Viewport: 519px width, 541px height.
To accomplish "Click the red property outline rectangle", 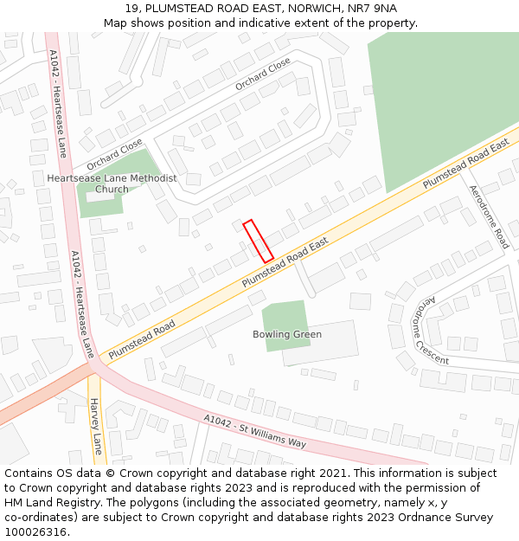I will [258, 241].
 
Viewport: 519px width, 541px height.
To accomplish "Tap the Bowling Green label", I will [286, 334].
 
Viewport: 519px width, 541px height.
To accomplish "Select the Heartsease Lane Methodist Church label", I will [112, 184].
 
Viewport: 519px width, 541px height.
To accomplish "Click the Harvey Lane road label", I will [96, 426].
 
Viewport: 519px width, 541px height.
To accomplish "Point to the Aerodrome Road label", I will [488, 216].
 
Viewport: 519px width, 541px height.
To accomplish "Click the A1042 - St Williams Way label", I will [255, 430].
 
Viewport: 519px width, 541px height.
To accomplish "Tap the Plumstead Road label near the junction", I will [142, 337].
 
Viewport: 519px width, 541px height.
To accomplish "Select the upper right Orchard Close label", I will [263, 74].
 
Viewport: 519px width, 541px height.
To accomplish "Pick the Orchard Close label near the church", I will [114, 154].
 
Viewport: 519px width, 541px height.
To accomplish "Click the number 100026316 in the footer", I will [36, 531].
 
